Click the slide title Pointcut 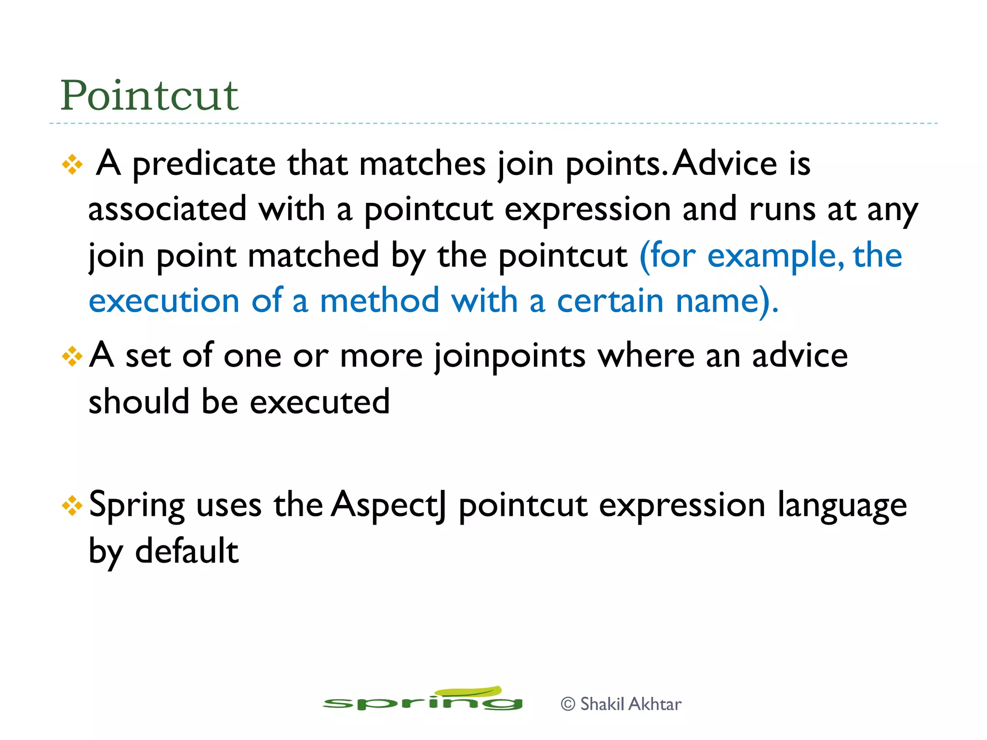coord(149,95)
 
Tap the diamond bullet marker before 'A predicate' coord(72,165)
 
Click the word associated coord(167,209)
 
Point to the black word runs coord(782,210)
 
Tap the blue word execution coord(164,301)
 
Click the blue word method coord(379,301)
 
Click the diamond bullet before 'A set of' coord(72,357)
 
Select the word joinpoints coord(510,357)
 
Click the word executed coord(320,402)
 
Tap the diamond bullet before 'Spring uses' coord(72,506)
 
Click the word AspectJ coord(388,506)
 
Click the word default coord(187,551)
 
